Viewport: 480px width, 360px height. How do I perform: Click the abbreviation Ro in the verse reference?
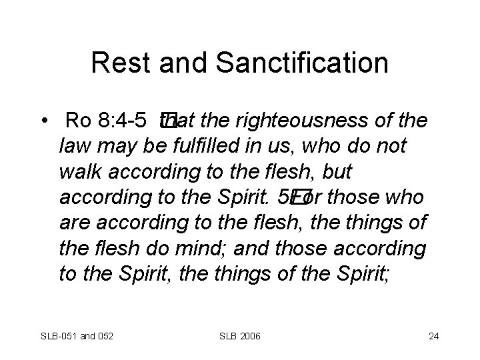pyautogui.click(x=79, y=121)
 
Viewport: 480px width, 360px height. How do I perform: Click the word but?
pyautogui.click(x=336, y=172)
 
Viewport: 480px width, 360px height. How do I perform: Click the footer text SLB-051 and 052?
pyautogui.click(x=77, y=335)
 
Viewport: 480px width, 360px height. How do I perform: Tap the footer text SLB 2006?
pyautogui.click(x=240, y=335)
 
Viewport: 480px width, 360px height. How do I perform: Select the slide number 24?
pyautogui.click(x=434, y=335)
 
